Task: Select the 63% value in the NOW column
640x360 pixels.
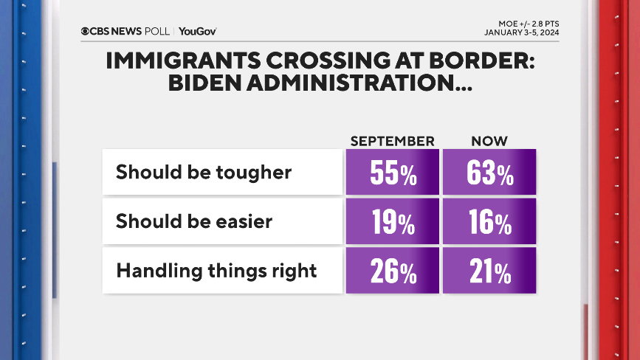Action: point(489,173)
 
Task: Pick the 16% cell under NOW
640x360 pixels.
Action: point(489,221)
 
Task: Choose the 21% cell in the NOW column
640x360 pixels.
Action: point(489,271)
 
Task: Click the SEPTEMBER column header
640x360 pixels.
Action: point(392,141)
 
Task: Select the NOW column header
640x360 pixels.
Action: point(489,141)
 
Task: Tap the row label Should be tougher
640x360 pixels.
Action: point(204,173)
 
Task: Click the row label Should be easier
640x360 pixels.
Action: point(194,221)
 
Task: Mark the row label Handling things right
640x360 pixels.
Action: point(216,271)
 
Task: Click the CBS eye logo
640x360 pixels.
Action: point(86,31)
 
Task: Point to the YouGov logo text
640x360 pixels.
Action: point(197,31)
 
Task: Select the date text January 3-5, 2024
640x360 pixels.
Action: point(521,32)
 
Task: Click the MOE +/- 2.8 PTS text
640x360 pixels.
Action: point(531,23)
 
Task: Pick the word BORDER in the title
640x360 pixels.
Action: point(483,61)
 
